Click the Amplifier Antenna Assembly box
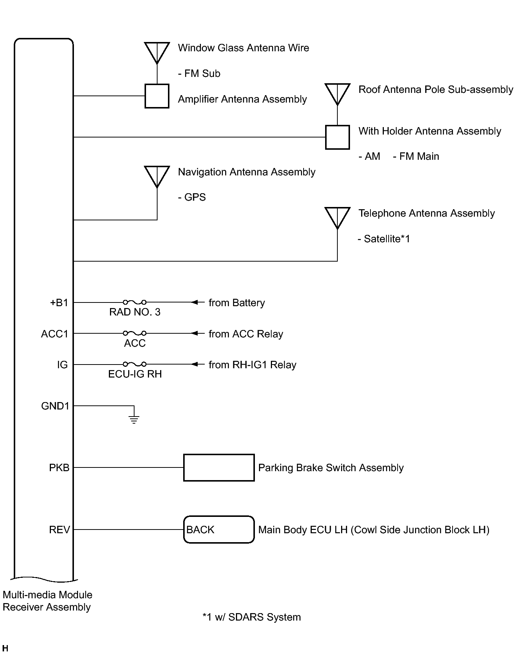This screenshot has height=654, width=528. pyautogui.click(x=157, y=96)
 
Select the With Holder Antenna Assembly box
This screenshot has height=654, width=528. pyautogui.click(x=337, y=137)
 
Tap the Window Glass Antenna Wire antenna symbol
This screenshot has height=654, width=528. pyautogui.click(x=157, y=52)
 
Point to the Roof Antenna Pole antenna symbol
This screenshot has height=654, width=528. pyautogui.click(x=337, y=94)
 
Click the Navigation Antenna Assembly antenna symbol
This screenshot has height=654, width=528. pyautogui.click(x=157, y=176)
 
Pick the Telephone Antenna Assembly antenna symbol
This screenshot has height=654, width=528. pyautogui.click(x=337, y=217)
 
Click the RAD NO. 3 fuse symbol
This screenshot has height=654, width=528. pyautogui.click(x=135, y=302)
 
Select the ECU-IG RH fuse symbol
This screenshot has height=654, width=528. pyautogui.click(x=135, y=364)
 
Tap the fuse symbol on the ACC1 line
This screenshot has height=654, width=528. pyautogui.click(x=135, y=333)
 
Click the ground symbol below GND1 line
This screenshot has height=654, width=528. pyautogui.click(x=134, y=420)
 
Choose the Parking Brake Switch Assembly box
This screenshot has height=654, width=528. pyautogui.click(x=219, y=467)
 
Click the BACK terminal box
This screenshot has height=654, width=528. pyautogui.click(x=219, y=530)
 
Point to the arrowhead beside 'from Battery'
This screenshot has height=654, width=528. pyautogui.click(x=194, y=302)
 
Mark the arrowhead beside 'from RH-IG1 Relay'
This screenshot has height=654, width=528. pyautogui.click(x=194, y=364)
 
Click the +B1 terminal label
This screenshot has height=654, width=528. pyautogui.click(x=59, y=303)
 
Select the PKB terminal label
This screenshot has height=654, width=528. pyautogui.click(x=59, y=467)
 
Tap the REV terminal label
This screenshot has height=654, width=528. pyautogui.click(x=59, y=530)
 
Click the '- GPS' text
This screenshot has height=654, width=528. pyautogui.click(x=192, y=197)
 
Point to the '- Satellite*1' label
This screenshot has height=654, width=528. pyautogui.click(x=384, y=239)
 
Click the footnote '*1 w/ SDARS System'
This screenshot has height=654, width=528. pyautogui.click(x=252, y=617)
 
